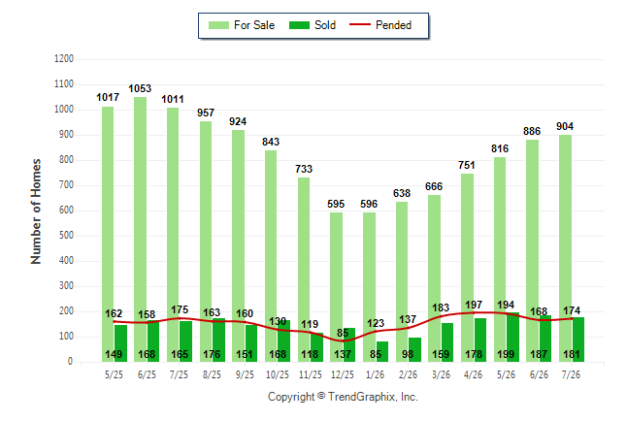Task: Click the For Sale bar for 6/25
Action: coord(140,230)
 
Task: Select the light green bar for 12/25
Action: coord(336,287)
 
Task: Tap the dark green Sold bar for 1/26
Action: coord(381,351)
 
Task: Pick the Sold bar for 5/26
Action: coord(512,337)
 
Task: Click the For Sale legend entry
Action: coord(242,25)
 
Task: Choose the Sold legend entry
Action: coord(313,25)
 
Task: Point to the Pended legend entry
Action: coord(380,25)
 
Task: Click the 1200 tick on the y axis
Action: coord(64,59)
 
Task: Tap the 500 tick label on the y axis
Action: coord(66,235)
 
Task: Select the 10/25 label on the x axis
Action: coord(278,374)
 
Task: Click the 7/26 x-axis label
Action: coord(571,374)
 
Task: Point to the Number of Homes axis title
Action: coord(36,211)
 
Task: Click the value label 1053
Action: coord(140,88)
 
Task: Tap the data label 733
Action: coord(304,169)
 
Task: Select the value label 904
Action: coord(565,126)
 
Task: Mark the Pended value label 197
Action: coord(474,305)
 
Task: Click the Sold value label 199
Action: coord(506,354)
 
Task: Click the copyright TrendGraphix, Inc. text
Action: coord(343,397)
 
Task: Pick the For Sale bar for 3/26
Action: coord(434,278)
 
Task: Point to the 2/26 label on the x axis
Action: coord(408,374)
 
